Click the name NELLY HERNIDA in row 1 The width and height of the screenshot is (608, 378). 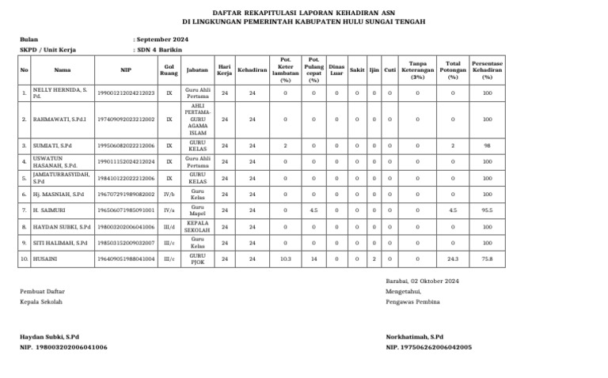pyautogui.click(x=59, y=91)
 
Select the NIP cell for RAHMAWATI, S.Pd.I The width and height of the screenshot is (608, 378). pyautogui.click(x=125, y=119)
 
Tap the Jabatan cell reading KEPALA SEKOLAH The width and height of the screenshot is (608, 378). pyautogui.click(x=198, y=227)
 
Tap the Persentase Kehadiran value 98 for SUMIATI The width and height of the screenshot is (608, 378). pyautogui.click(x=487, y=146)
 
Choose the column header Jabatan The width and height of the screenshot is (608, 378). pyautogui.click(x=197, y=70)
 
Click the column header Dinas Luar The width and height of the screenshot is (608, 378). pyautogui.click(x=336, y=70)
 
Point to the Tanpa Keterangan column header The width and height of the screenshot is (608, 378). pyautogui.click(x=417, y=70)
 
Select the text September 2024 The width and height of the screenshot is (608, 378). pyautogui.click(x=163, y=38)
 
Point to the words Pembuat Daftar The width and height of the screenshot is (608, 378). pyautogui.click(x=44, y=292)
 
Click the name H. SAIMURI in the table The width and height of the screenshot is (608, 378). pyautogui.click(x=49, y=210)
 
